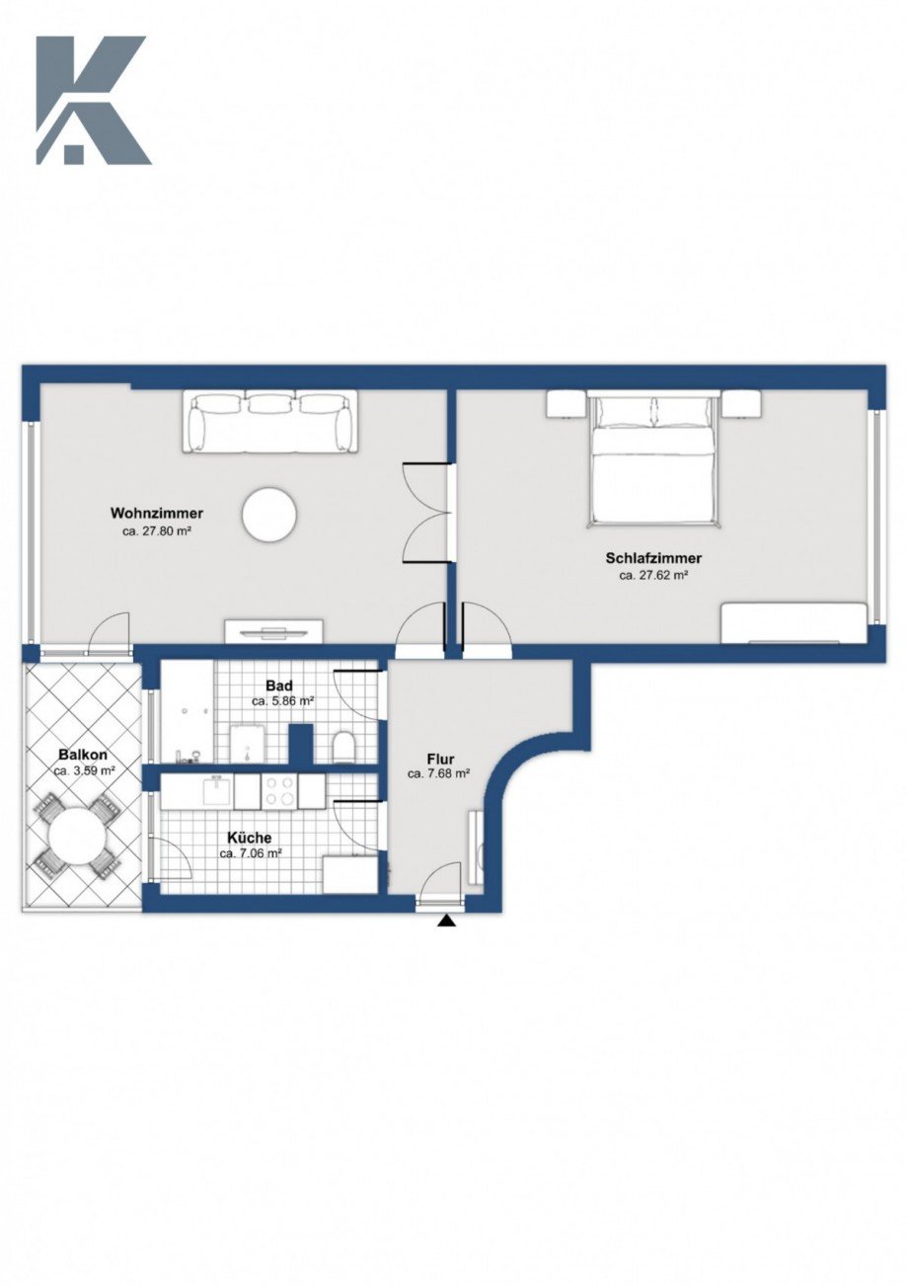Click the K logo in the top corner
click(92, 100)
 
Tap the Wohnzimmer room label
click(157, 514)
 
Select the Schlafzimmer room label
click(652, 558)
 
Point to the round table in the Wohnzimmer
click(269, 515)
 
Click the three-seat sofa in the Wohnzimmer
click(269, 422)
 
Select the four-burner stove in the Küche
click(279, 789)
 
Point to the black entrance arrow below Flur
click(447, 922)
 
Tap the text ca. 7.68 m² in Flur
click(438, 774)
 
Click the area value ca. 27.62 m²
click(652, 575)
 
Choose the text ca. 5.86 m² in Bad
click(283, 701)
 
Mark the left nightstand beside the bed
click(567, 404)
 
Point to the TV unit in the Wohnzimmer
click(273, 632)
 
